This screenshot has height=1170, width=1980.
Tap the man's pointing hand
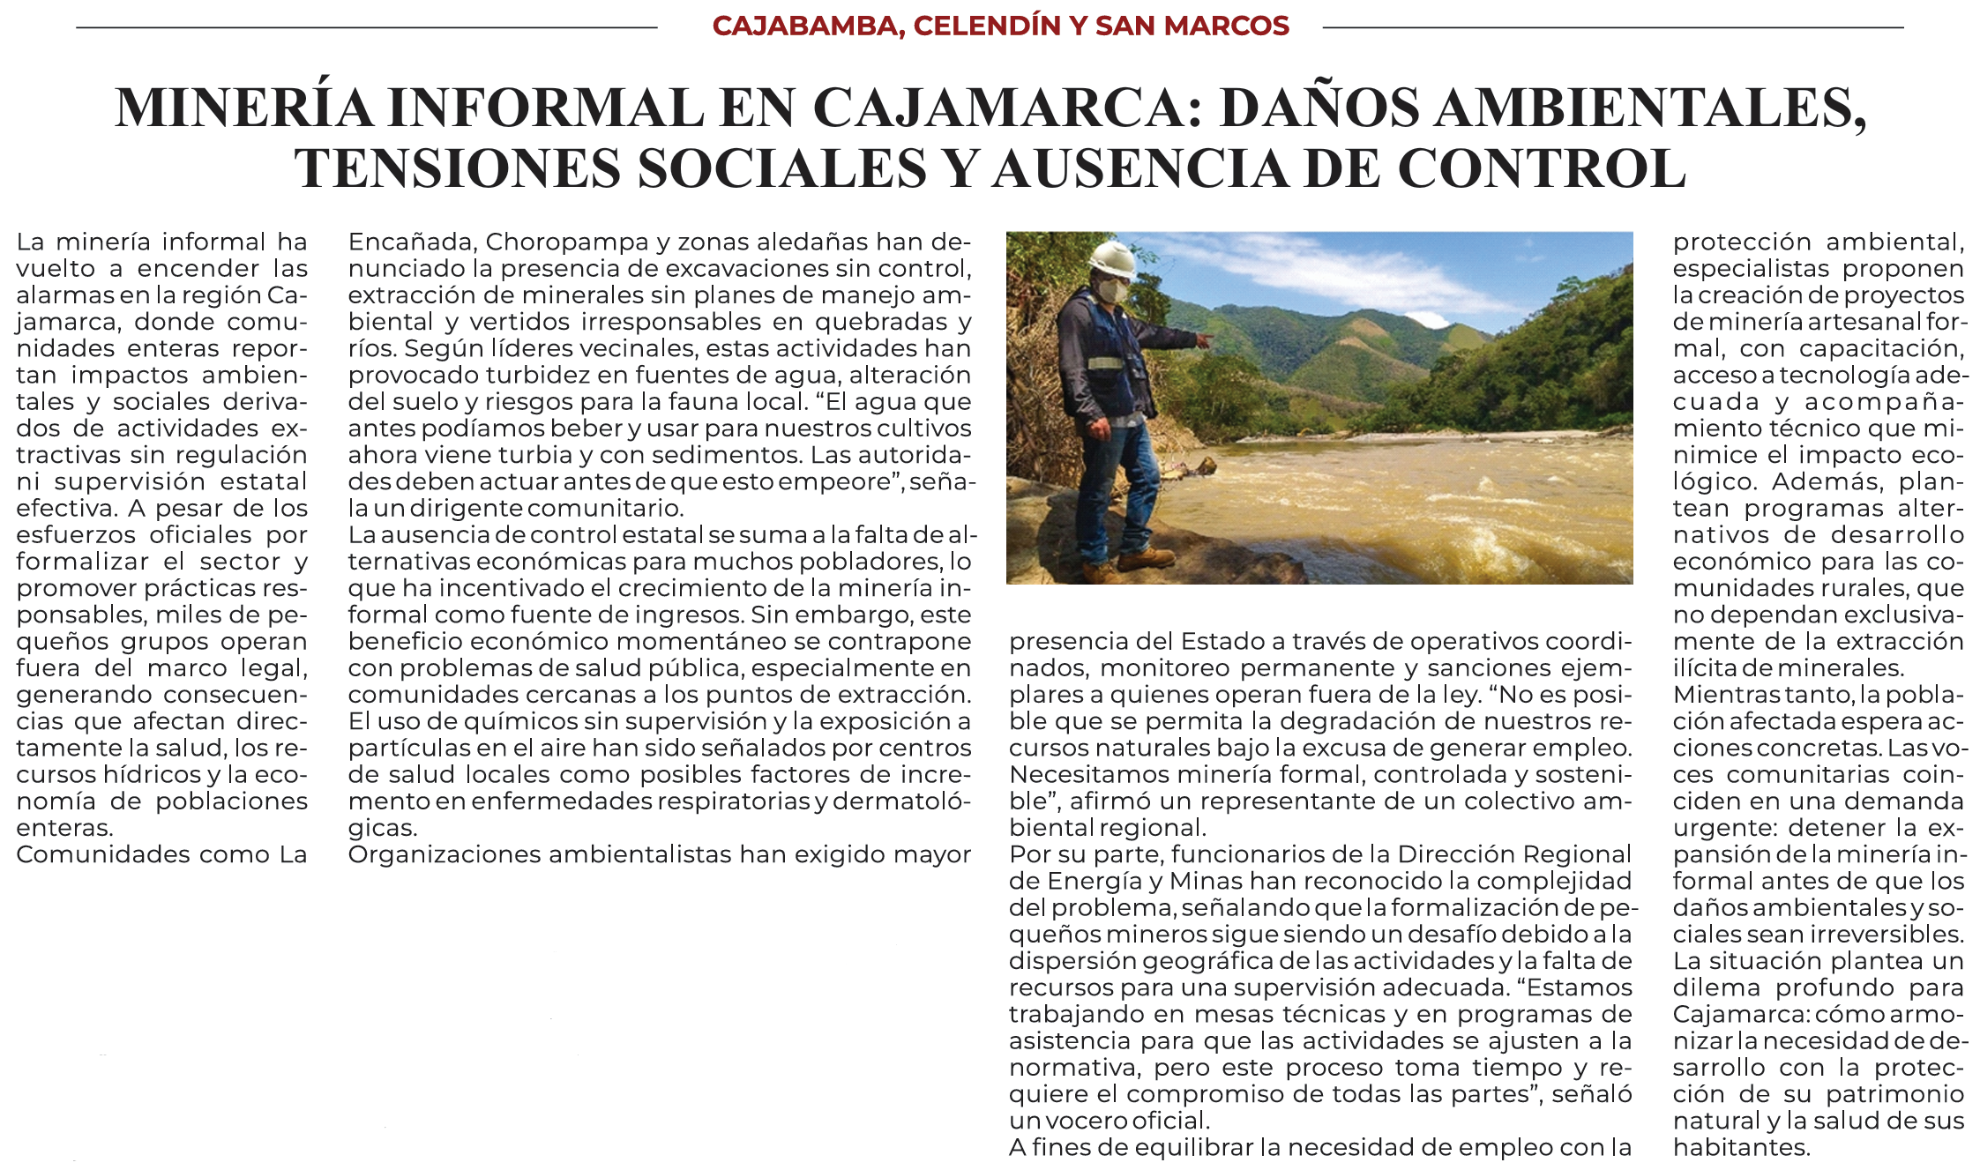coord(1205,337)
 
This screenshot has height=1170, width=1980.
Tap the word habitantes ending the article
coord(1740,1147)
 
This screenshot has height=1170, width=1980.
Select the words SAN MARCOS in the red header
coord(1192,26)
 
